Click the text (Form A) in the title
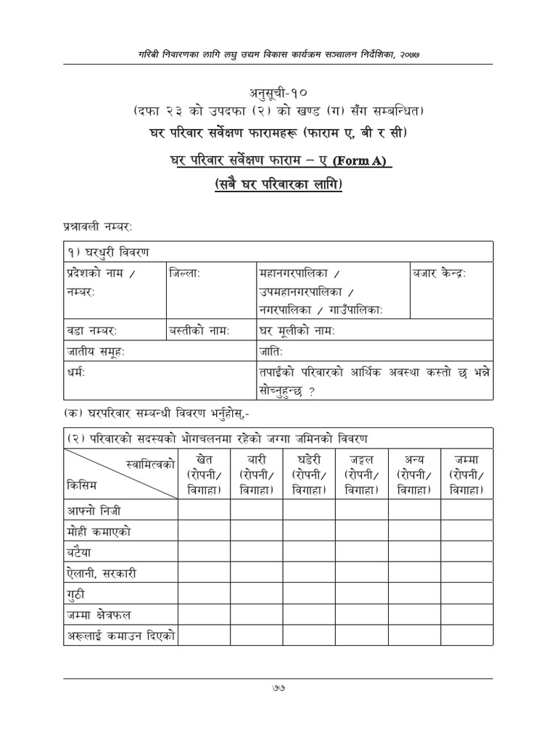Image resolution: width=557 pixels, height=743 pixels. (x=364, y=159)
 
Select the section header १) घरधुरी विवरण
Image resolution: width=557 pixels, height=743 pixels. (x=107, y=252)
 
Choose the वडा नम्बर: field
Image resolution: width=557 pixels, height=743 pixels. (x=91, y=331)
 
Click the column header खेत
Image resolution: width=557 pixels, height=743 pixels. (x=205, y=459)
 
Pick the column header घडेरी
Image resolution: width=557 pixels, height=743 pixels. (x=309, y=459)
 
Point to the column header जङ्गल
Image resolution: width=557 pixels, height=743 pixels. (x=361, y=459)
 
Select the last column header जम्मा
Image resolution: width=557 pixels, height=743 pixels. (x=466, y=459)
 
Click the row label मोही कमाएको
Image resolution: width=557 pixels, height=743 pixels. (x=98, y=530)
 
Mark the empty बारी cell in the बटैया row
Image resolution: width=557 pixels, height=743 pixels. (x=257, y=551)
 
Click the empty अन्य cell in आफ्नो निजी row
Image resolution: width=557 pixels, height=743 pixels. (x=414, y=509)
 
